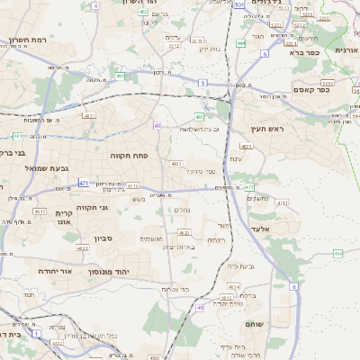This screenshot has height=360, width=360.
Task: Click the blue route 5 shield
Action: pyautogui.click(x=203, y=83)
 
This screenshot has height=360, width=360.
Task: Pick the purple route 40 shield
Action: pyautogui.click(x=157, y=125)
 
